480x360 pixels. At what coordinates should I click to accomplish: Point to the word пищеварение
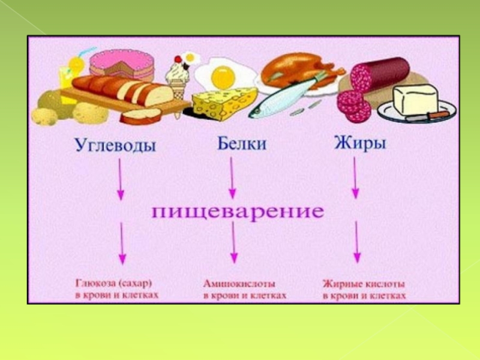point(237,211)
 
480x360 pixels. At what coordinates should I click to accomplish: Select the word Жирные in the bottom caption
point(340,283)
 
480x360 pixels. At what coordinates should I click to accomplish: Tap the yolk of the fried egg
point(223,76)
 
